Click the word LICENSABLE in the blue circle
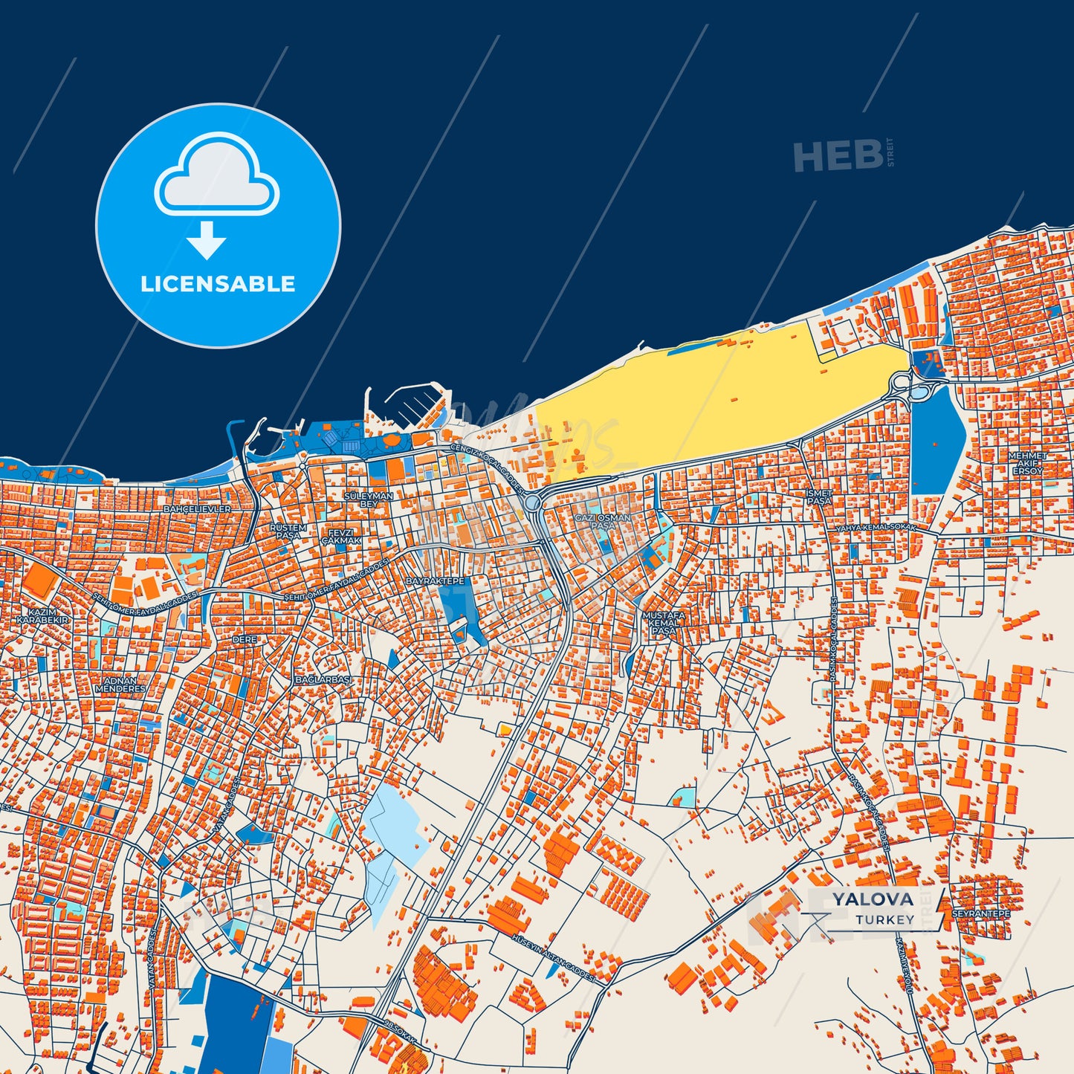point(218,284)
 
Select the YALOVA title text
point(873,899)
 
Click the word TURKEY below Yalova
point(884,919)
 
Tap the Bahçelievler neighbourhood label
point(197,509)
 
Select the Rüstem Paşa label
point(288,531)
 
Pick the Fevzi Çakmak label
point(341,537)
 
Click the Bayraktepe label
point(435,580)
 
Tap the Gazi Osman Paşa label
point(603,521)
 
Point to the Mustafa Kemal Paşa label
point(664,623)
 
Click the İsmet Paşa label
point(819,497)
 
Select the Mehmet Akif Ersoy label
point(1027,463)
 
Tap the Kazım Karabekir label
point(42,615)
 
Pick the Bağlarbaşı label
point(323,679)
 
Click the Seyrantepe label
point(980,913)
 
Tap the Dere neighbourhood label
point(245,639)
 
